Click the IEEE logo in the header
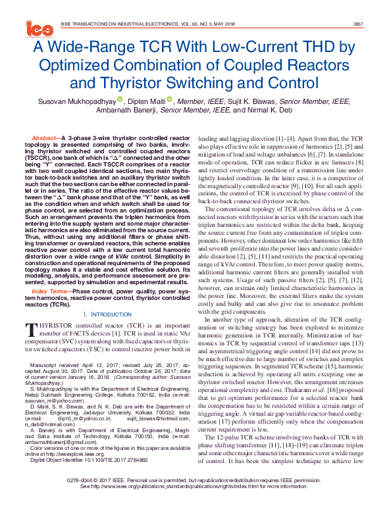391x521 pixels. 39,27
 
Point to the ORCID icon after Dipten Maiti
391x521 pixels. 169,101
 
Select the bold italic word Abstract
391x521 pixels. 43,138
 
